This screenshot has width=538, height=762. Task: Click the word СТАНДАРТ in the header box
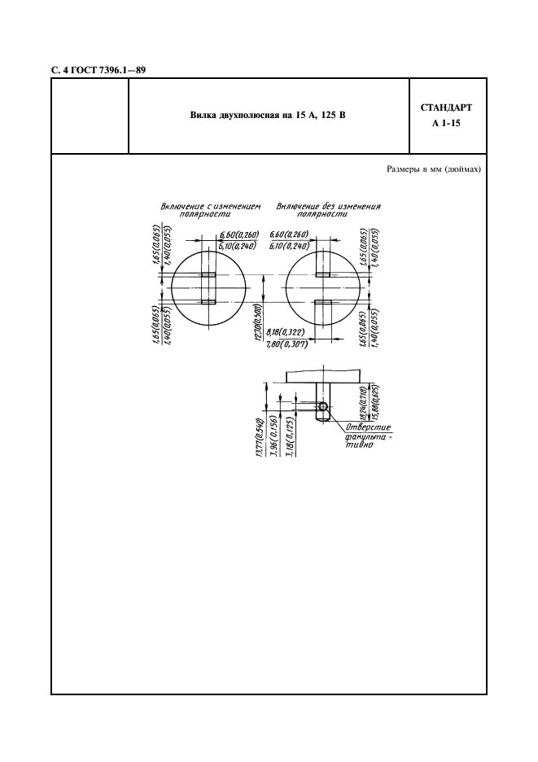pos(446,107)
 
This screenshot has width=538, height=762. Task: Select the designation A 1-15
pos(446,125)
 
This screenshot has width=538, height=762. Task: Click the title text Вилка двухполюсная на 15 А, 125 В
pos(268,116)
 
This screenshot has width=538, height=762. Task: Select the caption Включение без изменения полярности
pos(328,210)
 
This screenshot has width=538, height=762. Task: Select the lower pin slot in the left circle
pos(208,302)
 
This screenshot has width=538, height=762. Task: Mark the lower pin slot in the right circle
pos(323,302)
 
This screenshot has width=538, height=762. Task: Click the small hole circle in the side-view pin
pos(323,406)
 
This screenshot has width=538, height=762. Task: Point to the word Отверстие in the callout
pos(369,427)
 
